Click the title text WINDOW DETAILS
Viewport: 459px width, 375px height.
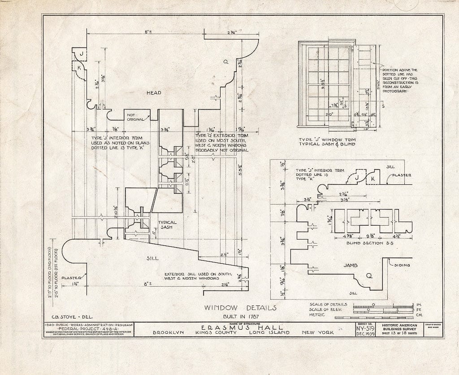(x=240, y=308)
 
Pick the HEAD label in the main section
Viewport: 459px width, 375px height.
(x=154, y=93)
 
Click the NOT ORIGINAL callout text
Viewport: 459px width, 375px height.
(x=136, y=117)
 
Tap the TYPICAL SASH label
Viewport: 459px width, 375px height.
(x=167, y=225)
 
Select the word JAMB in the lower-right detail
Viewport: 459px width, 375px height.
(x=350, y=265)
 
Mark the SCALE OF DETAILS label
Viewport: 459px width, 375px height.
(x=329, y=305)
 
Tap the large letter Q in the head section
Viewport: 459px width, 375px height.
(x=220, y=63)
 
